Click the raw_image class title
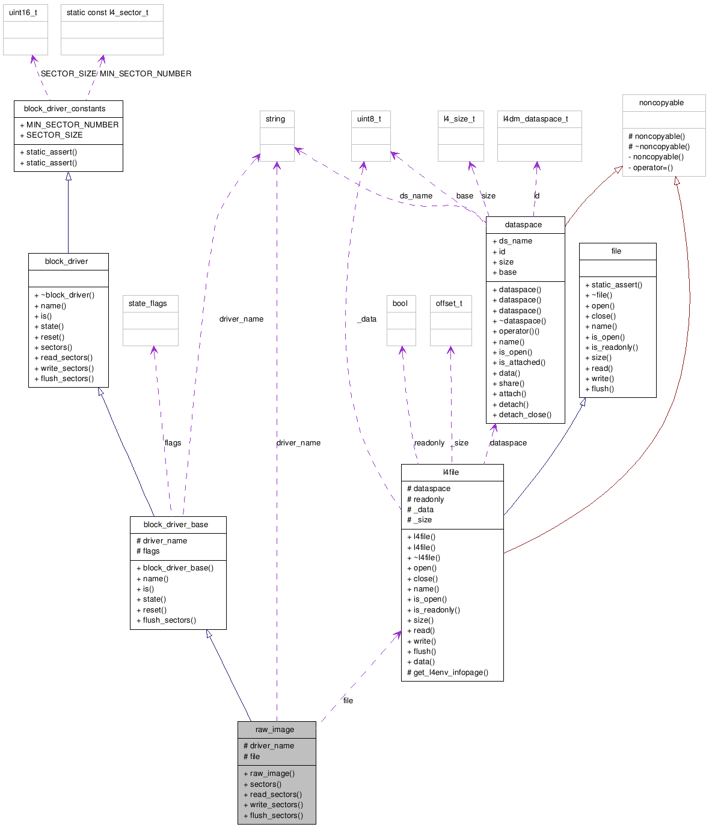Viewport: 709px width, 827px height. (275, 730)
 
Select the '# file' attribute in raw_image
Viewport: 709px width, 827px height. (252, 757)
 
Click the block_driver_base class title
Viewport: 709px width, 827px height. (176, 525)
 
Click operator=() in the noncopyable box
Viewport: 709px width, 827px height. (651, 168)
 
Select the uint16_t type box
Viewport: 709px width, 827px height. (25, 29)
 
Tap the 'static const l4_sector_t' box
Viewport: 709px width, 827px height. (112, 29)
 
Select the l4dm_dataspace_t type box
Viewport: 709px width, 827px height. (539, 135)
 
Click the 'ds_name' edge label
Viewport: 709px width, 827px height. (416, 196)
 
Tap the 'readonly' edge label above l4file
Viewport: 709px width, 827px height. (429, 443)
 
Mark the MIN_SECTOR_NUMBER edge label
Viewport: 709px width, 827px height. (146, 74)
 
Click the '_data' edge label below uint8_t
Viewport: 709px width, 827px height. (367, 319)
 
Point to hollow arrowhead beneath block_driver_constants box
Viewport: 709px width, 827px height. (69, 176)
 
